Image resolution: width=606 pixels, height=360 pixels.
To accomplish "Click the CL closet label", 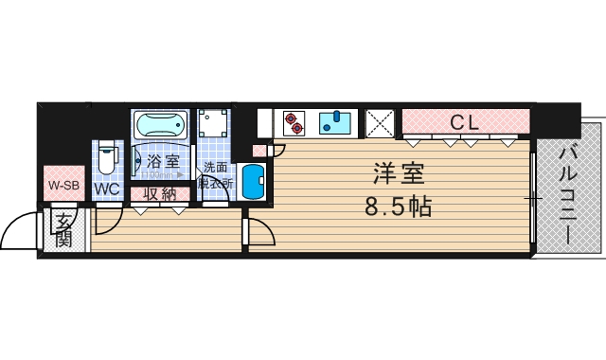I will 463,122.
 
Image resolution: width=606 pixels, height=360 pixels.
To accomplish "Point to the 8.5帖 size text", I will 398,206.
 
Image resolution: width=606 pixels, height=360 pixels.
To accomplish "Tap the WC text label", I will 106,189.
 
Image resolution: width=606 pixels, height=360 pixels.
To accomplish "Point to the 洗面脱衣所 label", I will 214,175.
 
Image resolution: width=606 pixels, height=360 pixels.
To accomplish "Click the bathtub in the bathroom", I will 161,126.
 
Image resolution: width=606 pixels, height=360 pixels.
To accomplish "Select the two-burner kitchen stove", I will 295,123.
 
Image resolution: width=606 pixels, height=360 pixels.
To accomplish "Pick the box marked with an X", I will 381,123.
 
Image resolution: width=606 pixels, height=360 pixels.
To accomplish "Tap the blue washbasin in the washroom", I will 252,181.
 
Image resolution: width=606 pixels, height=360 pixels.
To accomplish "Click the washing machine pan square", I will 214,126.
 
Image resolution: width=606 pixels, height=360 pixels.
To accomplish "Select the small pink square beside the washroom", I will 258,151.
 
